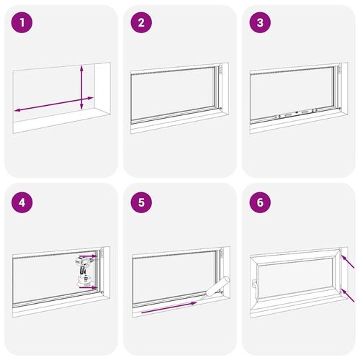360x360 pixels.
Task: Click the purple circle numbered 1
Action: click(x=22, y=22)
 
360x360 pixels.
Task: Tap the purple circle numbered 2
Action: click(x=141, y=22)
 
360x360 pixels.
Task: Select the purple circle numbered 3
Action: click(x=260, y=22)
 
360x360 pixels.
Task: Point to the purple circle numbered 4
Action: click(x=22, y=202)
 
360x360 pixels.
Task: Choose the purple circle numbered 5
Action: click(x=141, y=202)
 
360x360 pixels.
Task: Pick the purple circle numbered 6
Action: click(x=260, y=202)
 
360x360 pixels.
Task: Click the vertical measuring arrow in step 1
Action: click(x=81, y=87)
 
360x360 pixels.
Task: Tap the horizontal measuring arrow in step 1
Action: click(x=54, y=104)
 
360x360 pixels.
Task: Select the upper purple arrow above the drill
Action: click(x=89, y=257)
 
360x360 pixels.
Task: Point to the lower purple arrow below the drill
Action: click(x=89, y=287)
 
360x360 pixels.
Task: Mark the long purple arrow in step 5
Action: click(x=169, y=307)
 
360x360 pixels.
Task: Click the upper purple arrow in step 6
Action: click(x=347, y=261)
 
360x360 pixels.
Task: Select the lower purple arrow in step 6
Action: click(x=347, y=295)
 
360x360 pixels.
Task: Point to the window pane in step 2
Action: click(x=174, y=94)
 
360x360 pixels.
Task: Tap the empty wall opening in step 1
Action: click(x=54, y=94)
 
